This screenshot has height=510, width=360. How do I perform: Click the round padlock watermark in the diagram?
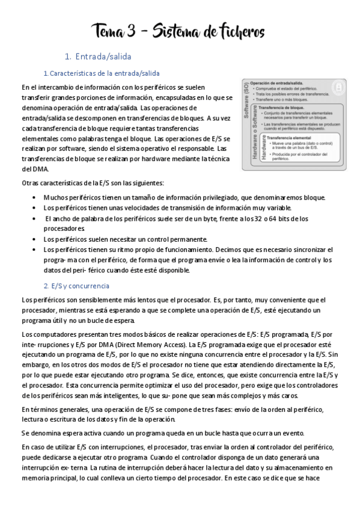pos(338,88)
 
